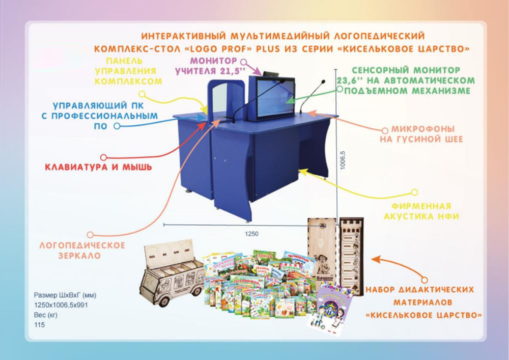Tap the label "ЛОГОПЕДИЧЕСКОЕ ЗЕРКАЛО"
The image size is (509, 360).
click(x=82, y=251)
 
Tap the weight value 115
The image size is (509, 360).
click(x=39, y=324)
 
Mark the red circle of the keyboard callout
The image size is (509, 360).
click(x=104, y=158)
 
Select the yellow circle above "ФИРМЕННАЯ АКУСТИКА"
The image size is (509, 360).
click(x=414, y=193)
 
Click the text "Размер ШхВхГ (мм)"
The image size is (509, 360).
click(x=65, y=295)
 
